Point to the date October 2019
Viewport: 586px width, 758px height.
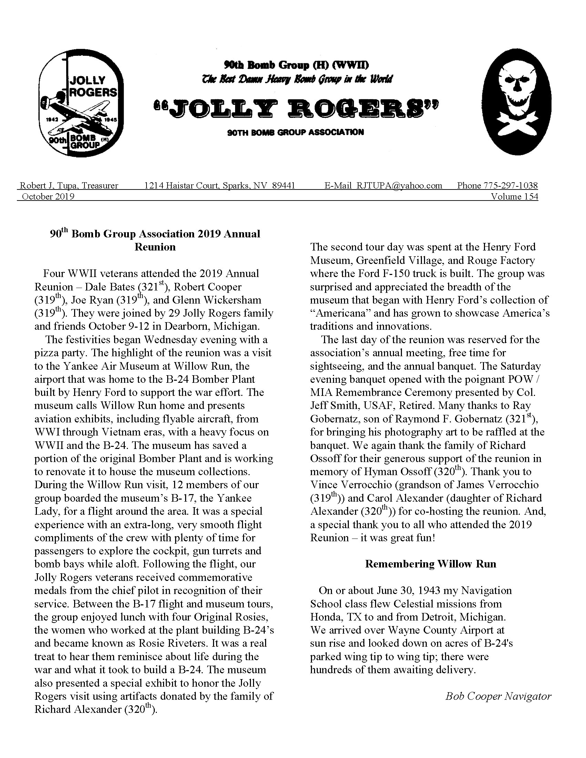coord(48,196)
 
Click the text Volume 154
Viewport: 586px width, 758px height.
coord(514,196)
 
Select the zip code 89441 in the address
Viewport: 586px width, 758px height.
coord(283,185)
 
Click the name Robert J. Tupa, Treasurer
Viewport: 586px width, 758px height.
coord(69,185)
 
